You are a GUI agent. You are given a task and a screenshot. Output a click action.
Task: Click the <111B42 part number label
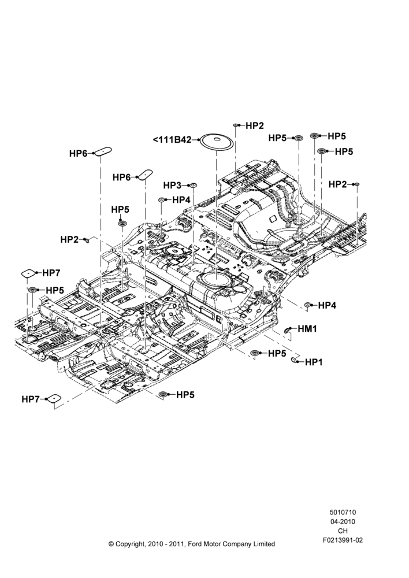tap(172, 140)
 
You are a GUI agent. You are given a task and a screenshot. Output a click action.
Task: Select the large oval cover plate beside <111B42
tap(217, 141)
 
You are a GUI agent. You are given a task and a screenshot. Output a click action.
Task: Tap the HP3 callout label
tap(172, 185)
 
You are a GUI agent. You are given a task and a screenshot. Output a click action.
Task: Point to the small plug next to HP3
tap(194, 185)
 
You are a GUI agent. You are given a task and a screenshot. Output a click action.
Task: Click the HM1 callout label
tap(307, 328)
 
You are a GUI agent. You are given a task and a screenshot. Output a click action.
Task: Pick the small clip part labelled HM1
tap(288, 330)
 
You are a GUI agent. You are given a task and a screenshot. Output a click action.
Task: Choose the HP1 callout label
tap(314, 362)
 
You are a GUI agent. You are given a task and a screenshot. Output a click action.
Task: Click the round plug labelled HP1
tap(295, 360)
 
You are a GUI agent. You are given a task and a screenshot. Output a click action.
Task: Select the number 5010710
tap(343, 512)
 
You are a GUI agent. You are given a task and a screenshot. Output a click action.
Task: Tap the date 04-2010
tap(343, 521)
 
